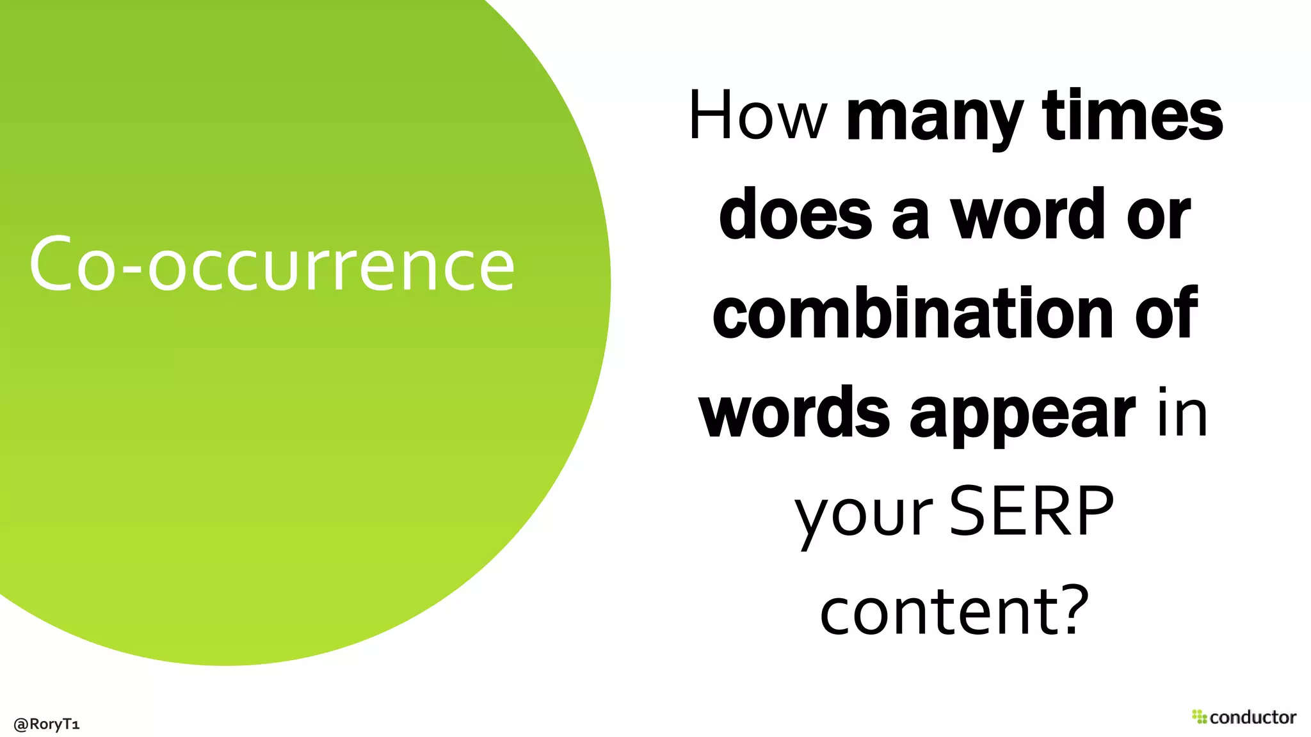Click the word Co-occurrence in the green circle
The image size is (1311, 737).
point(271,264)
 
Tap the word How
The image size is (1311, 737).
point(758,116)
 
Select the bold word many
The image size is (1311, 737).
point(935,118)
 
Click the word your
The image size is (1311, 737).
point(864,514)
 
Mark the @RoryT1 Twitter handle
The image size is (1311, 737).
point(46,724)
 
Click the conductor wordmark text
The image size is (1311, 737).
point(1253,717)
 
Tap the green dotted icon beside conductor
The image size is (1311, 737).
point(1199,717)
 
